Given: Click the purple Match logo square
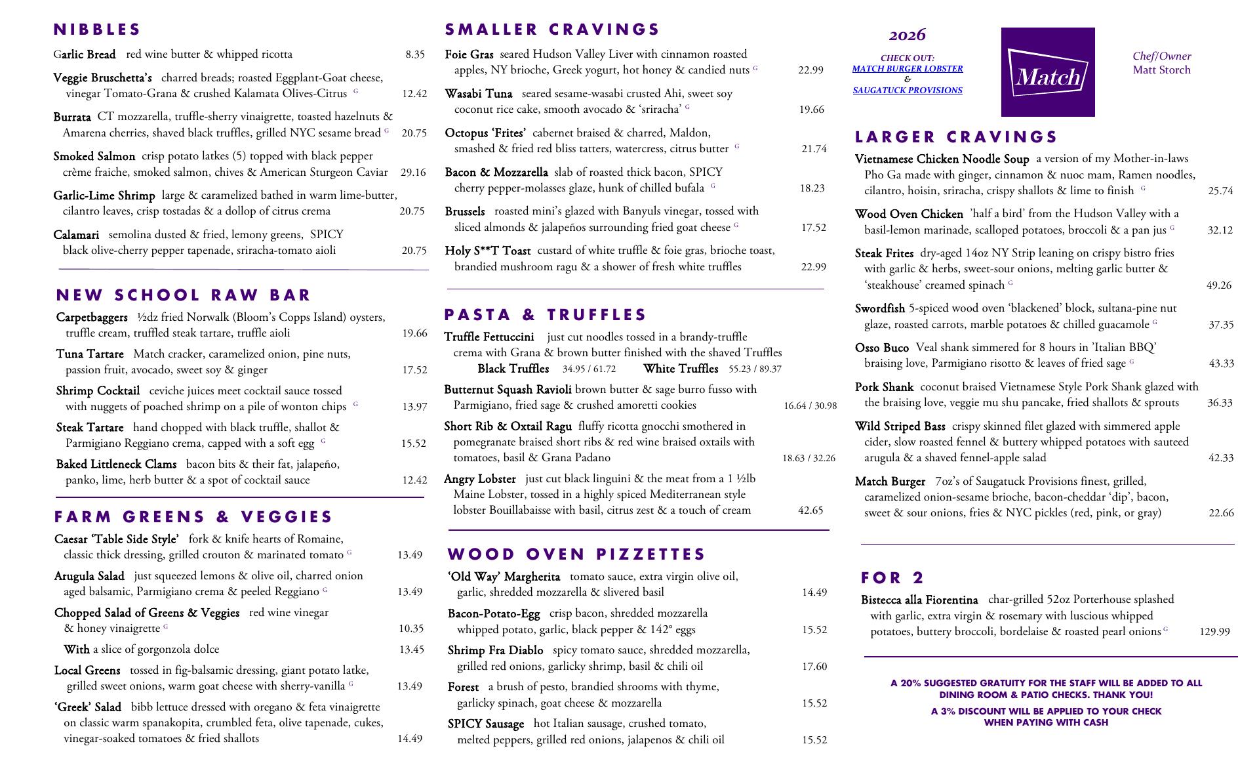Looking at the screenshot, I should pos(1047,72).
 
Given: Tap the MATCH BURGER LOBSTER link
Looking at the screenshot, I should pos(908,69).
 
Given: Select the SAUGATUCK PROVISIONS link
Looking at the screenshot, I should pos(908,91).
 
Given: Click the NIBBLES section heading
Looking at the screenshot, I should pos(97,30).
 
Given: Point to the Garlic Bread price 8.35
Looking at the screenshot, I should pos(414,54).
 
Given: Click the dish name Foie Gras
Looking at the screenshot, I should pos(469,54).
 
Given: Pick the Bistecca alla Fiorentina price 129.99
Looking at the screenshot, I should pos(1214,632).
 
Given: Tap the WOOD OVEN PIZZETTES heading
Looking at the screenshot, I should pos(576,554).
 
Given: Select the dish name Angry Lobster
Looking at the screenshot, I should pos(480,479).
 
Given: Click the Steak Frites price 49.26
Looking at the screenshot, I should pos(1218,285).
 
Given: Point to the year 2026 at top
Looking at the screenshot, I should pos(908,35).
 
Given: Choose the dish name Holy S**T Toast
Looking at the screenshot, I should pos(488,251).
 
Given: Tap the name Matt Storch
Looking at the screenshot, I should pos(1161,70).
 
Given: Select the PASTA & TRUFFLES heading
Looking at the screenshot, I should pos(545,315).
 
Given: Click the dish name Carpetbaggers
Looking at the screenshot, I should pos(92,318).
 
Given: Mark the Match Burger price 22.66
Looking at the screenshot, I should pos(1221,513).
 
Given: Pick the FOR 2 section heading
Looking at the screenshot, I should pos(892,578).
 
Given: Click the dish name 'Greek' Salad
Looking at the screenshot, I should pos(88,707).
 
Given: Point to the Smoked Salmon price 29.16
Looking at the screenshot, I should pos(413,173).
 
